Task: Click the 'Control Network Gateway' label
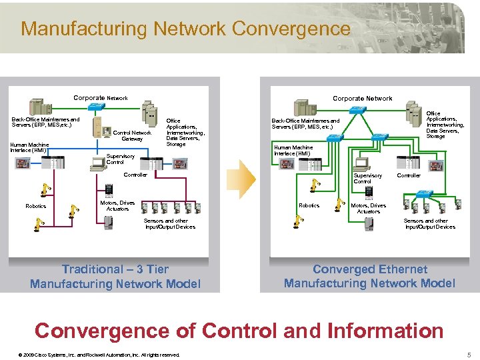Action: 132,135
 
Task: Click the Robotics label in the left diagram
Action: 36,206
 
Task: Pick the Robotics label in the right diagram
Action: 309,205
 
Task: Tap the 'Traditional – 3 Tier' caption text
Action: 115,269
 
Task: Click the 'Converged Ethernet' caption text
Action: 370,269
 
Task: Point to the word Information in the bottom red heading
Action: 379,331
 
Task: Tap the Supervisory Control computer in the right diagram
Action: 362,162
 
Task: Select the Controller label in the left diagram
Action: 136,175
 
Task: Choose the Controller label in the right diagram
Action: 409,175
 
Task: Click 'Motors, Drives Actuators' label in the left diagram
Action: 117,205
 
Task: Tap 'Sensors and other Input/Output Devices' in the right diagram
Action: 429,223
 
